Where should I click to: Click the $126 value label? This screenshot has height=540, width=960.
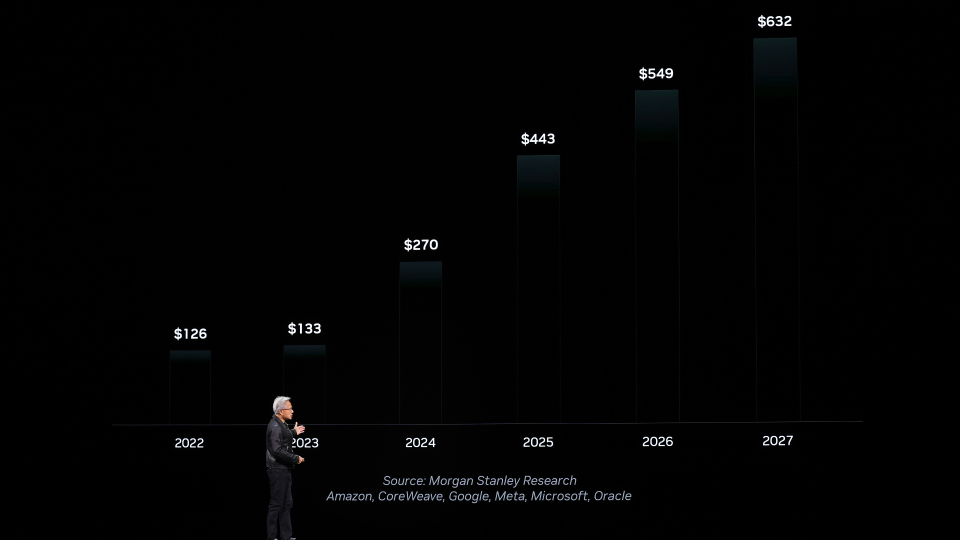[190, 334]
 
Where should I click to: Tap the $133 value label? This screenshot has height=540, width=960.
[304, 329]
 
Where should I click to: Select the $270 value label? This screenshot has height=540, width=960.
[421, 245]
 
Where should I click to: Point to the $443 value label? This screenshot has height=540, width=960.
[538, 139]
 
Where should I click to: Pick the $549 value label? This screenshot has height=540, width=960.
[656, 74]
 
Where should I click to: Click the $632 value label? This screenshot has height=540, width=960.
[774, 21]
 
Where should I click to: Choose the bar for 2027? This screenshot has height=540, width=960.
[776, 229]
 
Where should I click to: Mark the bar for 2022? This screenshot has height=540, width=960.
[190, 387]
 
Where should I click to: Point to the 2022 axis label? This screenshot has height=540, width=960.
[189, 443]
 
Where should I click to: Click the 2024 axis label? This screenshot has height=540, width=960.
[420, 442]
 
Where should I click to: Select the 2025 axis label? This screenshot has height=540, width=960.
[538, 442]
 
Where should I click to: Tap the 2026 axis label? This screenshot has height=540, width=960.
[657, 441]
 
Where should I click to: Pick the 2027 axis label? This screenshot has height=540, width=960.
[777, 440]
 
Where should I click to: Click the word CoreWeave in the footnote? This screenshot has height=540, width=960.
[410, 496]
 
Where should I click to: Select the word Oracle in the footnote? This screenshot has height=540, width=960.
[612, 496]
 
